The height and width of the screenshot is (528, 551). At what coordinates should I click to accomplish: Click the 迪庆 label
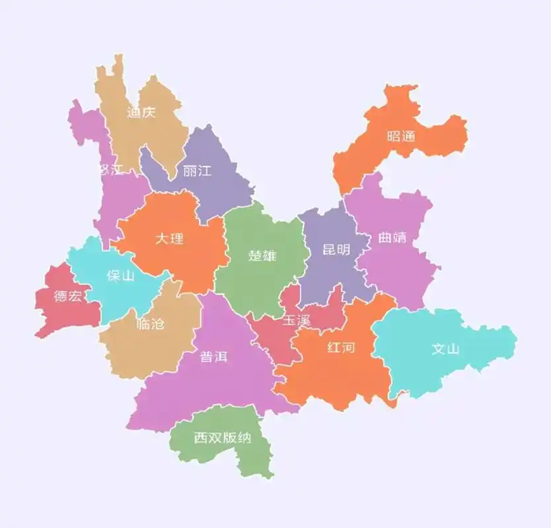(x=141, y=113)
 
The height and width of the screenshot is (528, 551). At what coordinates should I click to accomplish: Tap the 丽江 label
(x=197, y=171)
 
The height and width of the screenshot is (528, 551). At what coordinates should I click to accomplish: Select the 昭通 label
(x=401, y=137)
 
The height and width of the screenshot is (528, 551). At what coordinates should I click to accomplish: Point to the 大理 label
(x=170, y=238)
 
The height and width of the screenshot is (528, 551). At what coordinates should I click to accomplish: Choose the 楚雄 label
(x=262, y=255)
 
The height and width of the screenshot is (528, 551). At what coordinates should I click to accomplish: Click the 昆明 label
(x=336, y=250)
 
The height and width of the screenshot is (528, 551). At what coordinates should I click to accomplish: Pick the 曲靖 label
(x=392, y=238)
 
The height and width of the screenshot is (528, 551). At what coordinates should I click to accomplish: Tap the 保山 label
(x=120, y=275)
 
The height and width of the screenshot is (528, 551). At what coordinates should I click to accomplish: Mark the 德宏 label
(x=68, y=296)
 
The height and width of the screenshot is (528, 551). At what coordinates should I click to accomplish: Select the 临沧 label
(x=149, y=324)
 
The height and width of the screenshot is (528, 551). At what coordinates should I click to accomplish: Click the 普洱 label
(x=214, y=357)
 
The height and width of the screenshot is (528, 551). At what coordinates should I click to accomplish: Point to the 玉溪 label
(x=296, y=321)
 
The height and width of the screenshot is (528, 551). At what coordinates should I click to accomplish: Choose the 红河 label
(x=341, y=347)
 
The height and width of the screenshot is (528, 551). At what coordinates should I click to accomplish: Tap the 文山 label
(x=445, y=349)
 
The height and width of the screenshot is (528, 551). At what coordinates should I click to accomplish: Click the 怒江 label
(x=110, y=170)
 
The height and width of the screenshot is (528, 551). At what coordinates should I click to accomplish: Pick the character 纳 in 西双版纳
(x=244, y=438)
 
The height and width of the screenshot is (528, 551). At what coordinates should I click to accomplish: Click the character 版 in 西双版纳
(x=230, y=438)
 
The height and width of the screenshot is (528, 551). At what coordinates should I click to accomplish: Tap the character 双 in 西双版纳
(x=215, y=438)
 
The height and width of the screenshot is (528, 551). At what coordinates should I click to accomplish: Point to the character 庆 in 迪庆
(x=148, y=113)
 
